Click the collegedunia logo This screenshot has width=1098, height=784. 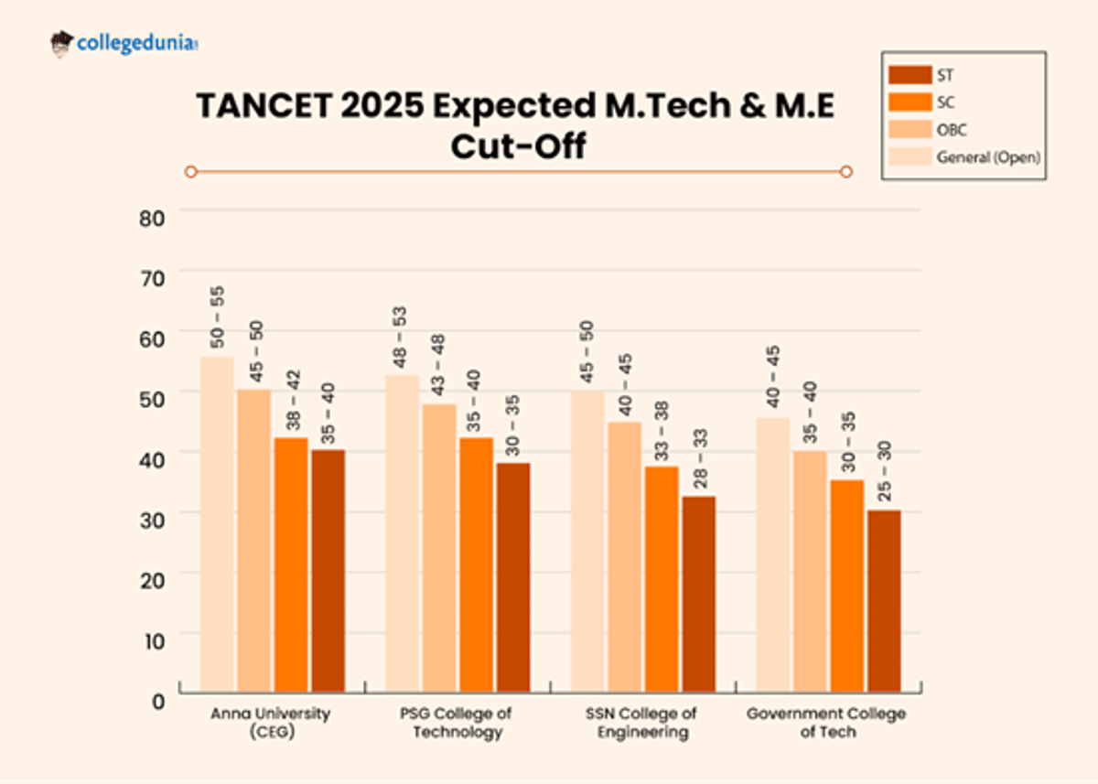point(124,43)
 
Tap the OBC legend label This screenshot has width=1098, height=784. point(951,130)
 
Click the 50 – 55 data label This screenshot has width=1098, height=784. point(218,317)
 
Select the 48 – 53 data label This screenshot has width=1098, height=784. point(401,337)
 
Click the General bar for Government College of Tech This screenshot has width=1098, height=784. point(773,554)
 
